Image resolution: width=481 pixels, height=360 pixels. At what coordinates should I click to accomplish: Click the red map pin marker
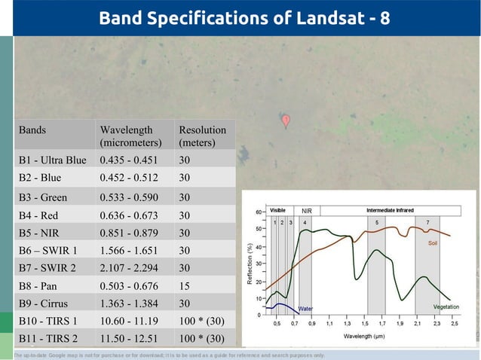click(x=286, y=121)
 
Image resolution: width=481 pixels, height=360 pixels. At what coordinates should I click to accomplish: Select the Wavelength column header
click(x=130, y=136)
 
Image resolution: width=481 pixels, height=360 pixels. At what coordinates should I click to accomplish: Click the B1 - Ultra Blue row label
click(x=53, y=160)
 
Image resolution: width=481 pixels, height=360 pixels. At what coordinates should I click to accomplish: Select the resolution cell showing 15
click(x=185, y=286)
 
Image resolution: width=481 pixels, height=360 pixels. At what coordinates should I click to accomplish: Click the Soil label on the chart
click(x=433, y=244)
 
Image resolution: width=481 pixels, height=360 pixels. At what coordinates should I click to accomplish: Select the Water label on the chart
click(x=305, y=309)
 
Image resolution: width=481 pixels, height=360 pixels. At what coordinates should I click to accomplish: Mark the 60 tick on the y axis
click(x=259, y=212)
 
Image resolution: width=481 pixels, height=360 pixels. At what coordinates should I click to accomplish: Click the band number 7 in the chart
click(x=427, y=223)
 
